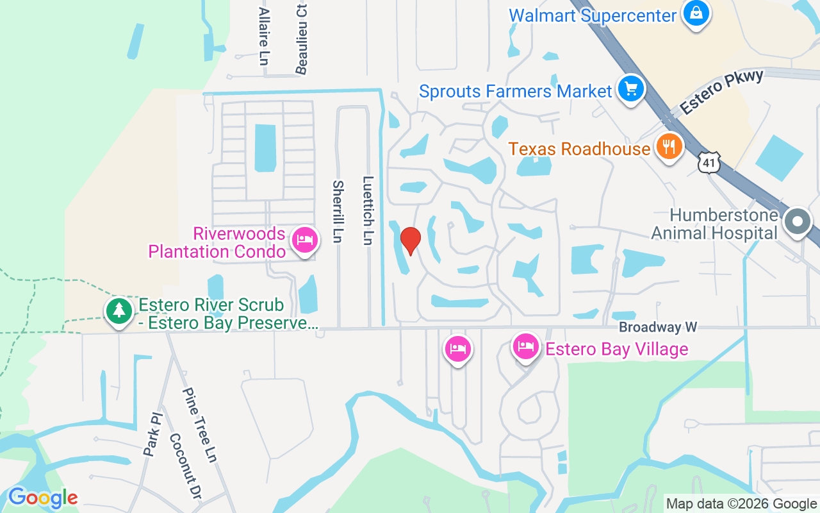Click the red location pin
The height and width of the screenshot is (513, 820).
[410, 240]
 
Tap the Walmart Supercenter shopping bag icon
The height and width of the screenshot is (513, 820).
[695, 13]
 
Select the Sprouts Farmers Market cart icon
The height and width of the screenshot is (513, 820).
[630, 88]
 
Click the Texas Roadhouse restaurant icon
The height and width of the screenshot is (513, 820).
[668, 147]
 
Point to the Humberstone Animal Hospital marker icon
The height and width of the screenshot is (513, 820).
[798, 222]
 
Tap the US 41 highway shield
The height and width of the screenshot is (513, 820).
[710, 163]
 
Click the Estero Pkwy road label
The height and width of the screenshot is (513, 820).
[722, 92]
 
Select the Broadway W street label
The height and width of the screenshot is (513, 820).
[657, 327]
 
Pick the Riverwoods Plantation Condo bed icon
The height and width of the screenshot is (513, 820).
[304, 240]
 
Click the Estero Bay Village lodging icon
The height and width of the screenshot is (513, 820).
[526, 347]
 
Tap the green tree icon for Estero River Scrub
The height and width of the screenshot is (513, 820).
[119, 311]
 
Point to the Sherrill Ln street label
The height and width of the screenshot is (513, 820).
[338, 211]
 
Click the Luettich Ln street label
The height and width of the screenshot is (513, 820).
[368, 210]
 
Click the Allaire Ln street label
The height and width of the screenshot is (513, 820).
[263, 36]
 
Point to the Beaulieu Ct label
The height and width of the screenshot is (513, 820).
[302, 37]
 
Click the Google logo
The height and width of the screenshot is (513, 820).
[43, 498]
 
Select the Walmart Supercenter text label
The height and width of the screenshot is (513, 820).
[593, 15]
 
